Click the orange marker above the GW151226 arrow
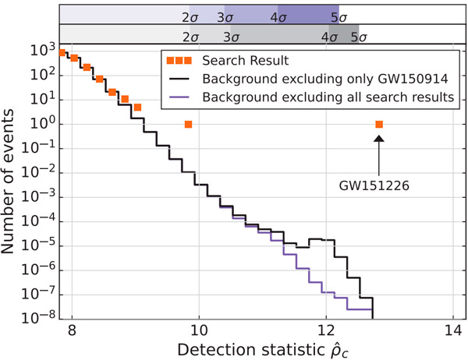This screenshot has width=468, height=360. click(x=379, y=124)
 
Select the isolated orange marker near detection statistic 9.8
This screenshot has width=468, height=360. click(x=188, y=124)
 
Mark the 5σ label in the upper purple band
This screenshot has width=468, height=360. click(x=338, y=16)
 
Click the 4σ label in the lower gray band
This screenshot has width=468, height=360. click(x=328, y=36)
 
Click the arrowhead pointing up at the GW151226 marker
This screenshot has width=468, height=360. click(x=379, y=138)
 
